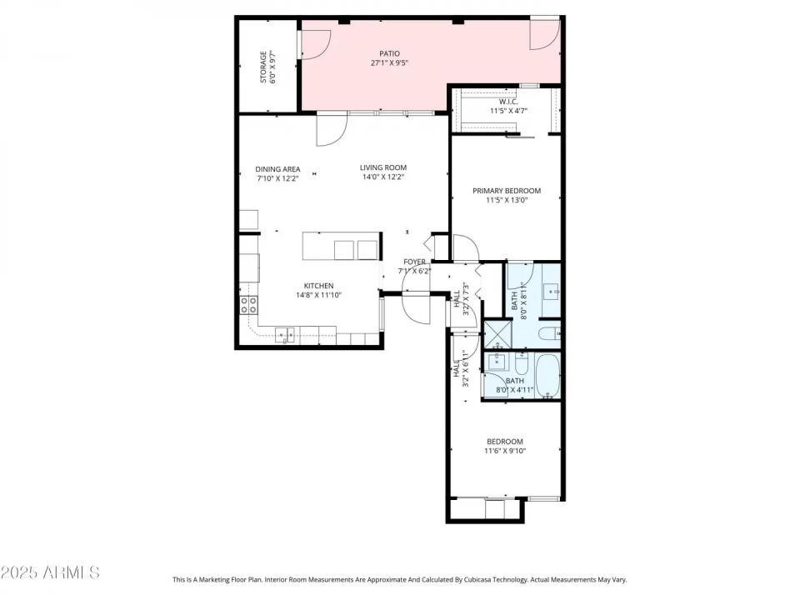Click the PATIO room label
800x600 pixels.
[x=389, y=52]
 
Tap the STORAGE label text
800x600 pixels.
[x=263, y=67]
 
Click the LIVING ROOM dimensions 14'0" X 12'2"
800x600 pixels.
[x=383, y=177]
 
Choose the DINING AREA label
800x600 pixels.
[x=277, y=169]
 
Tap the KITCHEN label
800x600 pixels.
[x=318, y=286]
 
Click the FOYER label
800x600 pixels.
[x=415, y=262]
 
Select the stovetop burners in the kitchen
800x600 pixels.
[x=247, y=304]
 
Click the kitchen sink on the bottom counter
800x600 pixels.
[x=285, y=335]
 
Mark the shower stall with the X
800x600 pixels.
[x=497, y=335]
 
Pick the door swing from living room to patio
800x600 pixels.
[x=330, y=130]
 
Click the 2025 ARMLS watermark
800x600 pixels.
[x=50, y=572]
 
